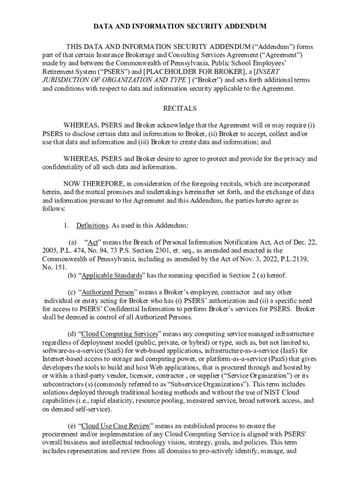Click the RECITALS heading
tap(180, 108)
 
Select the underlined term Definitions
tap(92, 225)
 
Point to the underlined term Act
tap(93, 242)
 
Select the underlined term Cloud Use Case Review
tap(116, 426)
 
